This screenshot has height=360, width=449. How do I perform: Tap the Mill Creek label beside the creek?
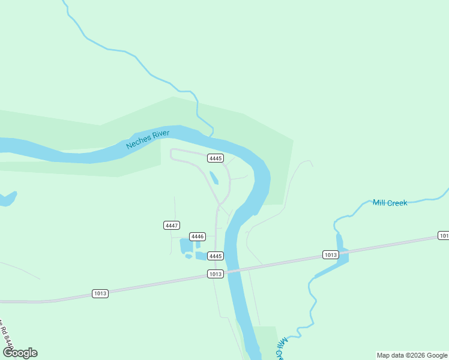(390, 203)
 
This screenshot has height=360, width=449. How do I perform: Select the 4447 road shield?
(172, 225)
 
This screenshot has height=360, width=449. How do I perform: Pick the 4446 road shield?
(197, 236)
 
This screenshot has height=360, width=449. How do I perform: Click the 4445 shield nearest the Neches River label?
(215, 158)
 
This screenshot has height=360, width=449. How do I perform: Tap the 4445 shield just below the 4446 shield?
(215, 256)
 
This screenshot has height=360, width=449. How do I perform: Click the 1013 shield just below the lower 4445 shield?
(215, 274)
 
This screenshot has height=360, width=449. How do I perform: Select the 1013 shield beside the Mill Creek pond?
(330, 254)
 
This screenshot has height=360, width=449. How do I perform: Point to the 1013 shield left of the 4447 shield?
(100, 293)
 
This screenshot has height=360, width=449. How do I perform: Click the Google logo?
(20, 353)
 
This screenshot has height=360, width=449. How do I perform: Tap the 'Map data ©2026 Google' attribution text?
(412, 355)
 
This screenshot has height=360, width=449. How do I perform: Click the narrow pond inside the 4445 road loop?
(214, 178)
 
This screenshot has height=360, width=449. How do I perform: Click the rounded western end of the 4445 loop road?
(172, 154)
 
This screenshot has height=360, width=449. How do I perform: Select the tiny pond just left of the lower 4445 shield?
(188, 257)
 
